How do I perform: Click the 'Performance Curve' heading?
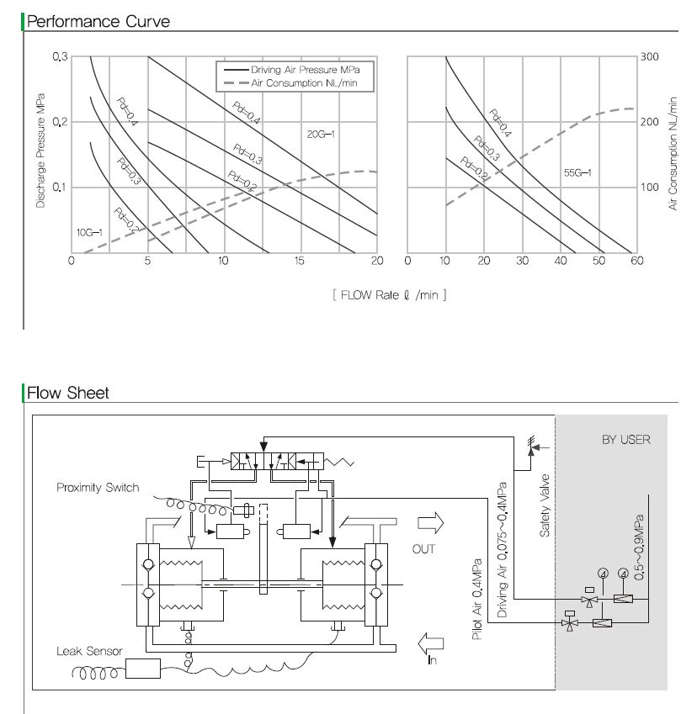pyautogui.click(x=98, y=21)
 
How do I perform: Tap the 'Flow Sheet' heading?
pyautogui.click(x=68, y=393)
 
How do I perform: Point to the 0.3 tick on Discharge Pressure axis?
pyautogui.click(x=60, y=56)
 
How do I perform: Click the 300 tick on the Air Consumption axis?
pyautogui.click(x=650, y=56)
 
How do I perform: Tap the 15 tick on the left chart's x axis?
pyautogui.click(x=299, y=261)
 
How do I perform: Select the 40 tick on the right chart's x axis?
pyautogui.click(x=561, y=261)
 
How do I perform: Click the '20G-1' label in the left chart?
pyautogui.click(x=321, y=134)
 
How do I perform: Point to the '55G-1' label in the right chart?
pyautogui.click(x=577, y=172)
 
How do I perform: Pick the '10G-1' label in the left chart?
pyautogui.click(x=89, y=233)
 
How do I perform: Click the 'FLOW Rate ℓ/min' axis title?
pyautogui.click(x=389, y=295)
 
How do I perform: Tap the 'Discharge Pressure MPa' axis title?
pyautogui.click(x=40, y=151)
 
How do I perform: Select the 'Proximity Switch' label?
pyautogui.click(x=98, y=487)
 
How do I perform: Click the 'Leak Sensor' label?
pyautogui.click(x=89, y=651)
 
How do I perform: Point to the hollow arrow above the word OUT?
pyautogui.click(x=430, y=523)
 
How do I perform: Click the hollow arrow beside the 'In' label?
pyautogui.click(x=430, y=643)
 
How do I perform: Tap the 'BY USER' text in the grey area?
pyautogui.click(x=626, y=440)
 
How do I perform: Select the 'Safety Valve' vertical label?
pyautogui.click(x=545, y=505)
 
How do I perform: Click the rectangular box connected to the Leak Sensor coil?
pyautogui.click(x=142, y=669)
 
